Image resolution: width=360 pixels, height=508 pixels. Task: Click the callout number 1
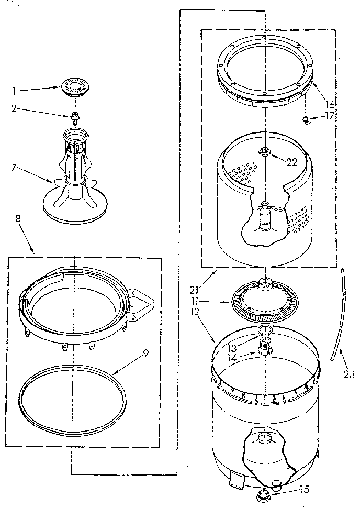coord(15,91)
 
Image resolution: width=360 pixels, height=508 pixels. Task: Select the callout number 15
coord(304,490)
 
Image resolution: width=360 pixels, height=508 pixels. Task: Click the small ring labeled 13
coord(266,329)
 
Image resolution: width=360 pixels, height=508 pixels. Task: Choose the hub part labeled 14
coord(266,346)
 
